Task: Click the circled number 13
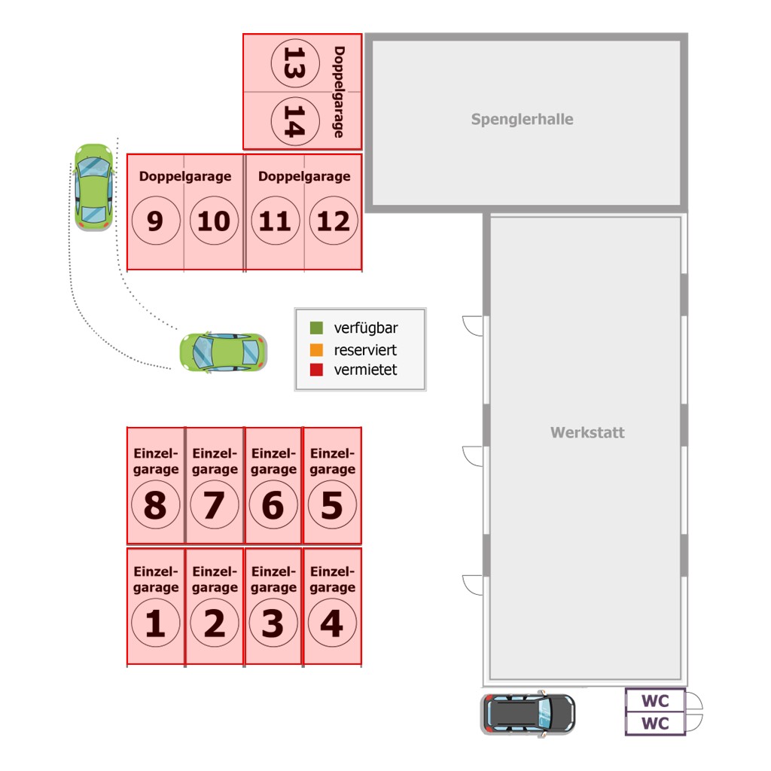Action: pos(295,63)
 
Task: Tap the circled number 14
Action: pos(295,121)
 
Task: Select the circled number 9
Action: pos(156,221)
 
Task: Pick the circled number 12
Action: pos(334,221)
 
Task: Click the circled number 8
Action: pos(156,504)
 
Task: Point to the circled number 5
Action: pos(332,504)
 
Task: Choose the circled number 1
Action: pos(156,623)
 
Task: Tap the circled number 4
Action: pos(332,623)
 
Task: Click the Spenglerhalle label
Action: pos(523,120)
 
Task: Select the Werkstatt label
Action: pos(587,432)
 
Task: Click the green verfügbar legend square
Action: pos(316,328)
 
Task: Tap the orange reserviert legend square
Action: pos(316,349)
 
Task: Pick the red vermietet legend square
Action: pos(316,370)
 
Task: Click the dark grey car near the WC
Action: pos(528,714)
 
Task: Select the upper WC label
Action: pos(655,701)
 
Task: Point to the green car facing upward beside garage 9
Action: pos(93,187)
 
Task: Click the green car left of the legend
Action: pos(223,352)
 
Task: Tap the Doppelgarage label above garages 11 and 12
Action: pos(304,176)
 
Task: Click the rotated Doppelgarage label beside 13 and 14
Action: pos(340,92)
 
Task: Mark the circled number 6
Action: pos(273,504)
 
